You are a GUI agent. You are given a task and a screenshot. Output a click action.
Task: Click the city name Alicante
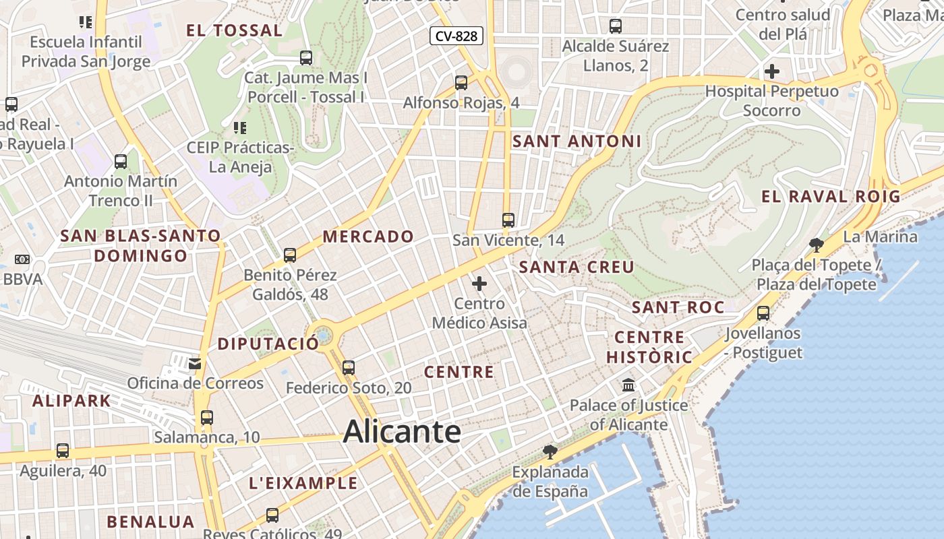click(402, 431)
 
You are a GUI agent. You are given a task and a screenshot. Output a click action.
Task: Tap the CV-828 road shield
click(456, 36)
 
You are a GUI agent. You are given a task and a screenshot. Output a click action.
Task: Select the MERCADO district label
click(367, 236)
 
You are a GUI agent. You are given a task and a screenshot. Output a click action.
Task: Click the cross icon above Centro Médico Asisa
click(479, 284)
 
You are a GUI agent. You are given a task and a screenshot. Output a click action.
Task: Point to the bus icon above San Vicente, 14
click(508, 220)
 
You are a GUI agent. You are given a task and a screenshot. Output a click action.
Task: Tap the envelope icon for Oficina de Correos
click(195, 364)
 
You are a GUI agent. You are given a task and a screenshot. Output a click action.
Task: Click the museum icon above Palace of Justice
click(629, 385)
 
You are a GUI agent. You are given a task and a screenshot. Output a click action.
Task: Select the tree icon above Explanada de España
click(550, 451)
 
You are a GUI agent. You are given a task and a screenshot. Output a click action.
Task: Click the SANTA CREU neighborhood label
click(577, 267)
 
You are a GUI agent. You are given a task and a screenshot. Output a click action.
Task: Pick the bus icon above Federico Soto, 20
click(349, 368)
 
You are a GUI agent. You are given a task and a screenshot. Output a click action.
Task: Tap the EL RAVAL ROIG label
click(831, 197)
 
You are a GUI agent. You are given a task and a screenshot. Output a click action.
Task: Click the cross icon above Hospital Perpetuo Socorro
click(772, 71)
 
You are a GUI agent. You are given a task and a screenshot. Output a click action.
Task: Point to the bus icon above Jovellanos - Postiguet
click(763, 313)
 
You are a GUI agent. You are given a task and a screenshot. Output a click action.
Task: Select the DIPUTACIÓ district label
click(268, 344)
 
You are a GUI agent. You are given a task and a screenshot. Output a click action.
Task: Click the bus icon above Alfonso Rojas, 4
click(461, 83)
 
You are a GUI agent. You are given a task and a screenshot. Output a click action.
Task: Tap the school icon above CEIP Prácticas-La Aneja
click(239, 127)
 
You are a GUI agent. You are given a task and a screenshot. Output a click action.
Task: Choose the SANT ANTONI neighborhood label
click(577, 141)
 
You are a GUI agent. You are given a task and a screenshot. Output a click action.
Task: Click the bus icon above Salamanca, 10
click(207, 418)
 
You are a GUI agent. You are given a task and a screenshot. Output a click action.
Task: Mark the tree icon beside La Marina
click(817, 245)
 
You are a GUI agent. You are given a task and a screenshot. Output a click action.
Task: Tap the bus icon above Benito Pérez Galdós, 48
click(290, 255)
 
